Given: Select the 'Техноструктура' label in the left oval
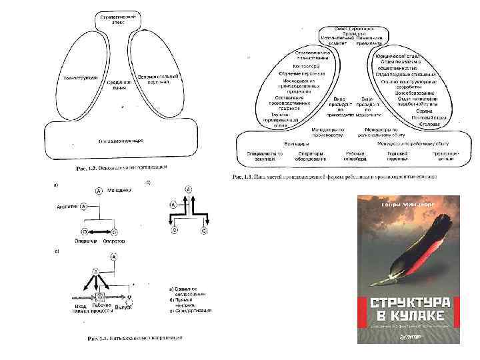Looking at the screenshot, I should pyautogui.click(x=77, y=77).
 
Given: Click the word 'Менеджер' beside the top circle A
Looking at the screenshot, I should pyautogui.click(x=117, y=190).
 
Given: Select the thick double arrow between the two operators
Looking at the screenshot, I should pyautogui.click(x=99, y=232).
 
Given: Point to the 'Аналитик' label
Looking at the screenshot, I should pyautogui.click(x=69, y=207).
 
